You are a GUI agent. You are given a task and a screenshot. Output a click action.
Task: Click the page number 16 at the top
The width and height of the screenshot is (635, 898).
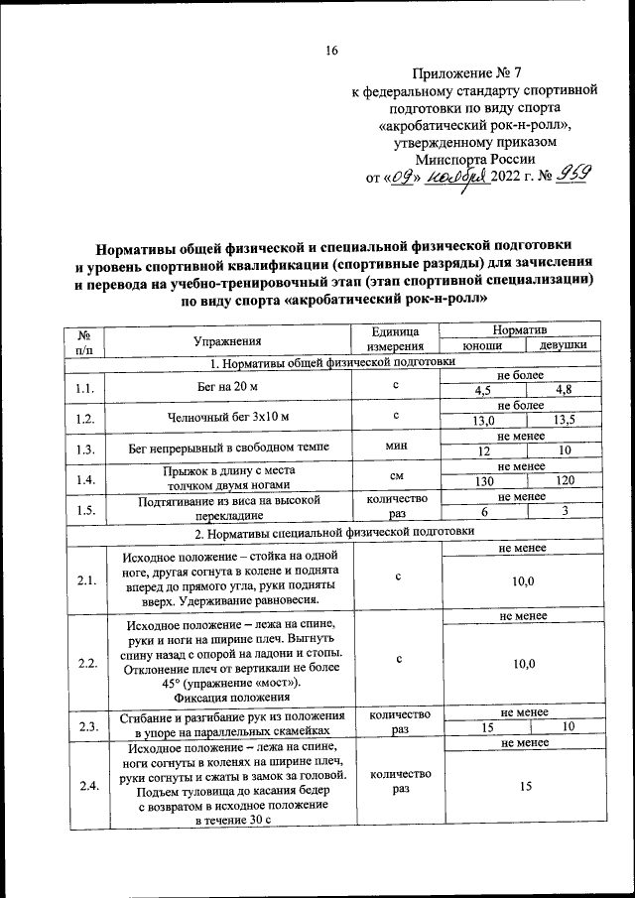click(332, 51)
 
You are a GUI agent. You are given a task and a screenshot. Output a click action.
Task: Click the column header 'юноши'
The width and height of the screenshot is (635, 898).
click(482, 347)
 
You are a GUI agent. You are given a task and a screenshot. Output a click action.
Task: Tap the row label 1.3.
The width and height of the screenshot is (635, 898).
click(83, 449)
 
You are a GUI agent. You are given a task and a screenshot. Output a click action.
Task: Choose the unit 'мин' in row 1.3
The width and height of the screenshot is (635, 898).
click(397, 448)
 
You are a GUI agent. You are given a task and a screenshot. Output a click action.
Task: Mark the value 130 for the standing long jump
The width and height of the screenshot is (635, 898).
click(482, 480)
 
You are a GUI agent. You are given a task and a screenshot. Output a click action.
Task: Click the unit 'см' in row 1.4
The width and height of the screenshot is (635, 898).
click(397, 477)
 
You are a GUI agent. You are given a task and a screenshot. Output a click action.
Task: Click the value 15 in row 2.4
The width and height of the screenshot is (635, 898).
click(523, 786)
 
